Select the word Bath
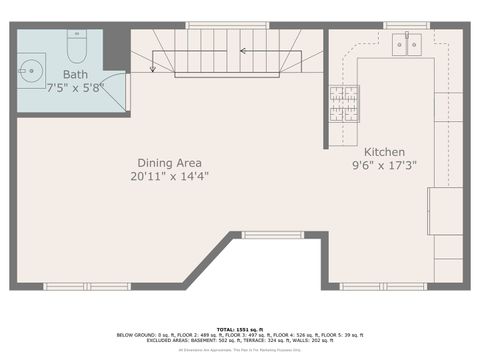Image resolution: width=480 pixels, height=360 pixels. click(x=74, y=75)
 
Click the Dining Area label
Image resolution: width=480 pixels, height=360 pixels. click(x=169, y=163)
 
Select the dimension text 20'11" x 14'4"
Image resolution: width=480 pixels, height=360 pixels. click(x=169, y=177)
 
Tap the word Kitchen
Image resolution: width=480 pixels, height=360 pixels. click(x=384, y=152)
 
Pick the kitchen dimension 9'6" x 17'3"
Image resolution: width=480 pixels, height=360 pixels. click(x=384, y=166)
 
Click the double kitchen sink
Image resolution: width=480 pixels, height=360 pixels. click(x=407, y=43)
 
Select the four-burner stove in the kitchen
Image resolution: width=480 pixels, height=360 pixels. click(x=344, y=104)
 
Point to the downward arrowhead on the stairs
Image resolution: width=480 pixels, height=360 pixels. click(x=152, y=68)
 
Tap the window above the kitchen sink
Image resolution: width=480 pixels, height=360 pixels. click(x=405, y=24)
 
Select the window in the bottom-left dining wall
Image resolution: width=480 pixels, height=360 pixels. click(x=86, y=287)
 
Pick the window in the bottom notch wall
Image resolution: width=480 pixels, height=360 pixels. click(x=273, y=235)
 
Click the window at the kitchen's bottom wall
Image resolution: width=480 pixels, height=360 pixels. click(x=377, y=287)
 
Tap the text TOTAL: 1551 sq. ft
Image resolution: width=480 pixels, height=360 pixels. click(x=239, y=327)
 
